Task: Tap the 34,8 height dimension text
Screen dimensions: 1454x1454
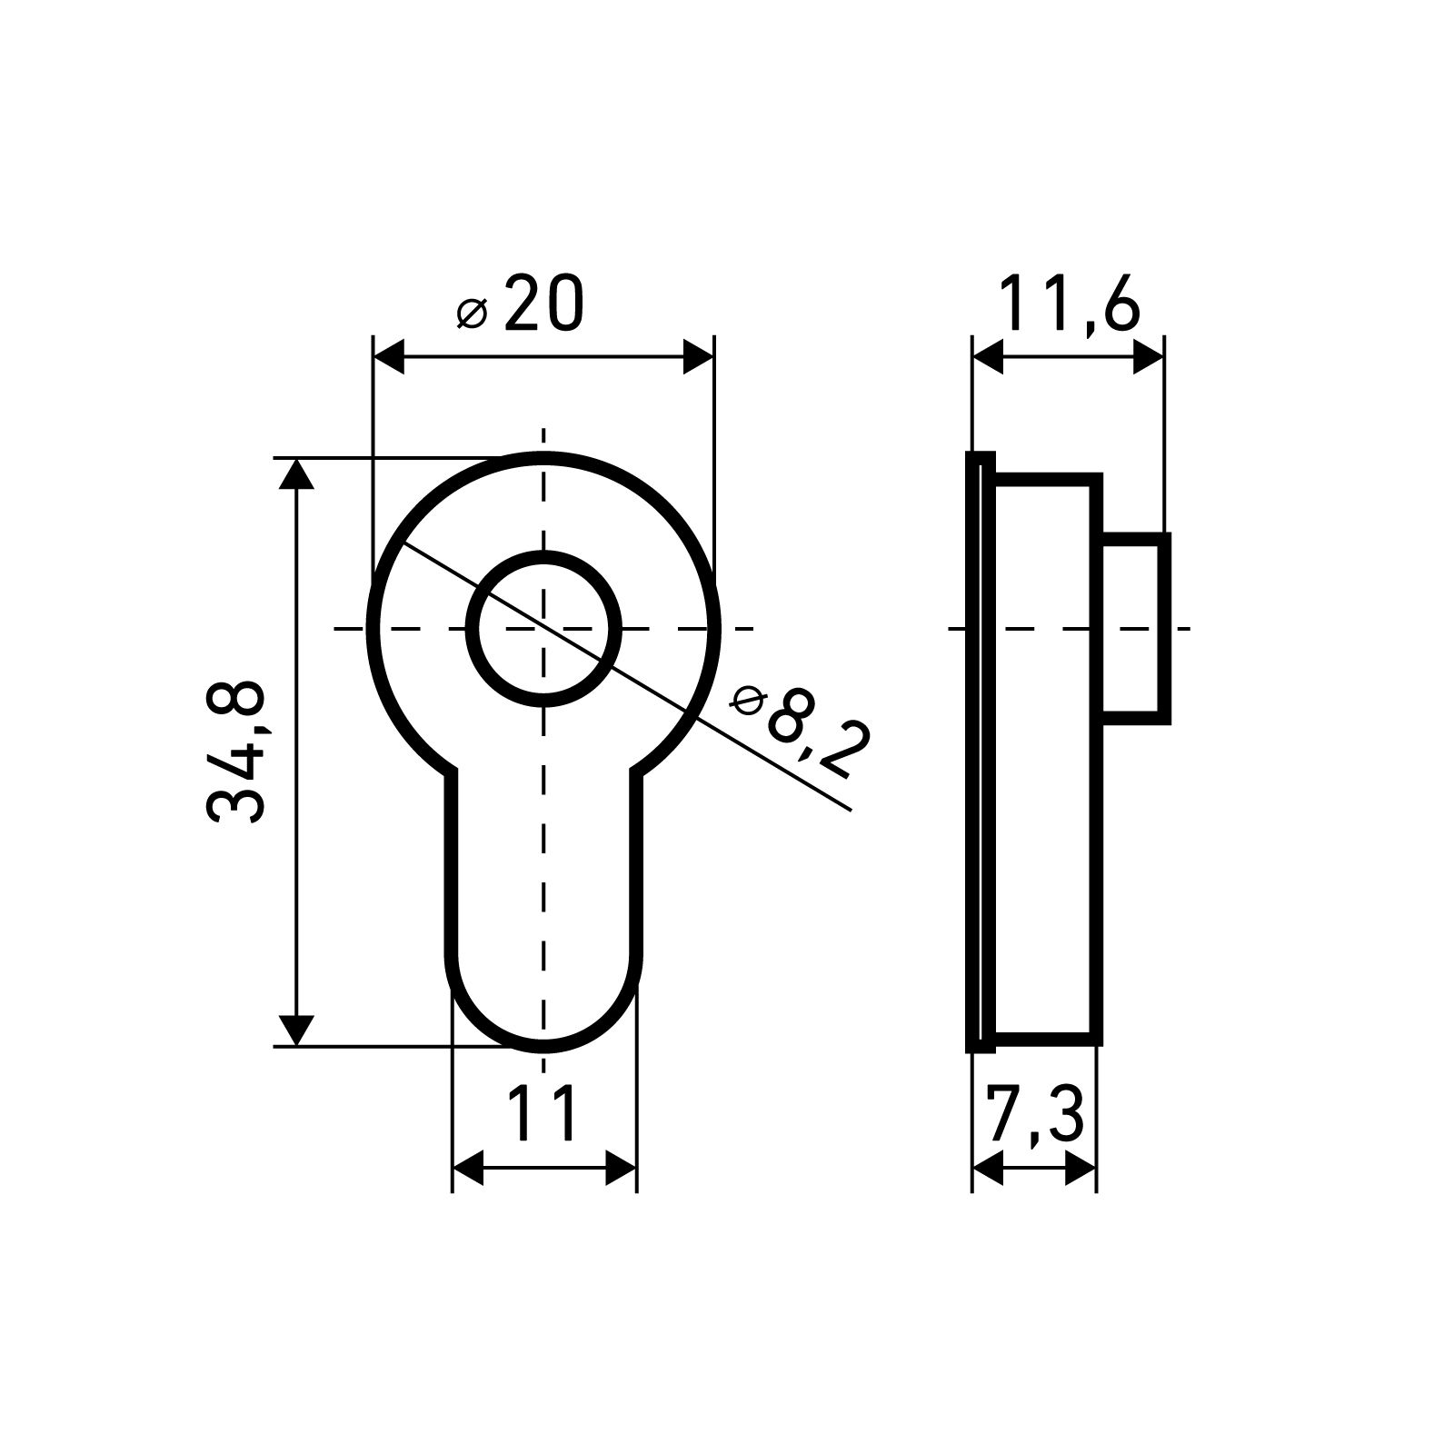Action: [x=235, y=752]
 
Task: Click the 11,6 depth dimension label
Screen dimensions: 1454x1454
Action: [x=1068, y=305]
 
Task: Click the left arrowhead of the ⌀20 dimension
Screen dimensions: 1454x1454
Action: [x=388, y=358]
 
